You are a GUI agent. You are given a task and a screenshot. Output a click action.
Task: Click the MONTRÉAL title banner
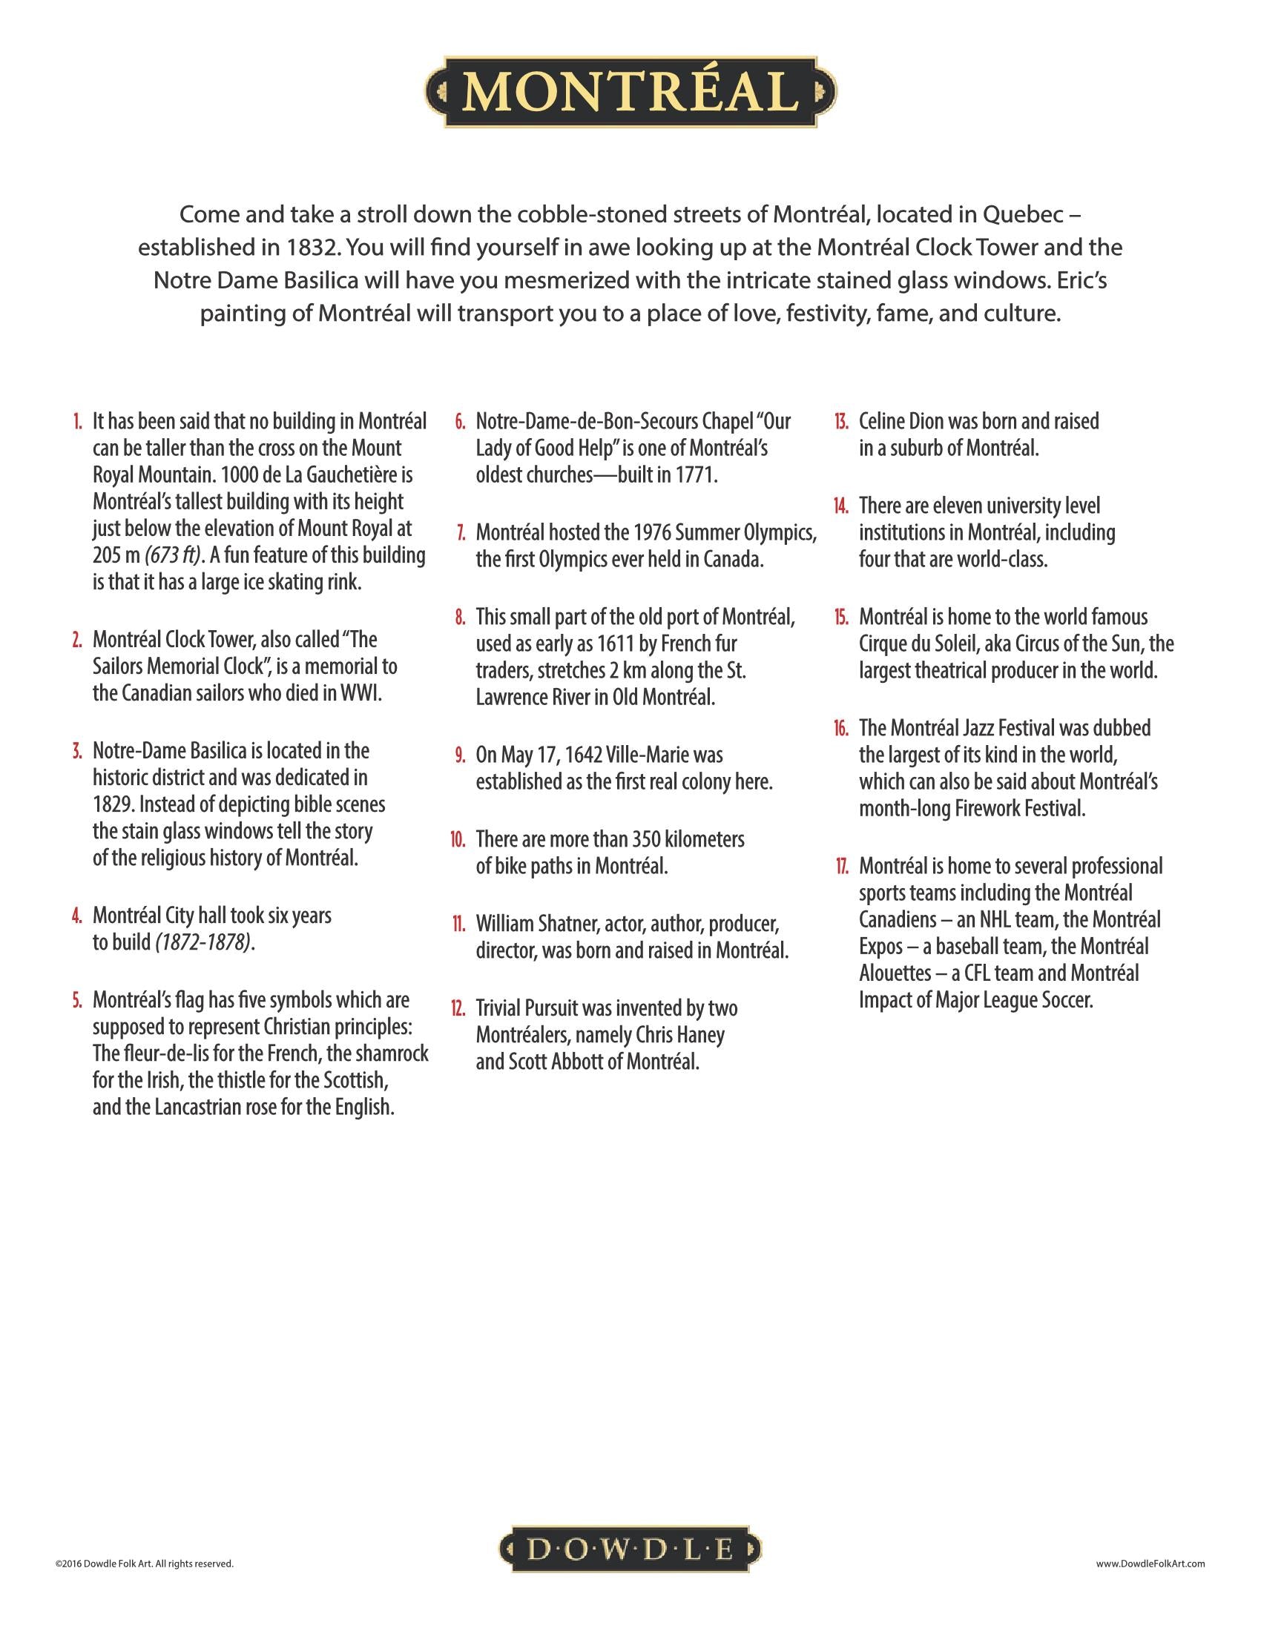coord(630,91)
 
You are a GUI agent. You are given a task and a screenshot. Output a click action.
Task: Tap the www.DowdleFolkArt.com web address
coord(1150,1563)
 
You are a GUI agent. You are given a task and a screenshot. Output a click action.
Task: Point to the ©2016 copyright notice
coord(144,1563)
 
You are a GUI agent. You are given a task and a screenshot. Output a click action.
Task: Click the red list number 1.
coord(78,422)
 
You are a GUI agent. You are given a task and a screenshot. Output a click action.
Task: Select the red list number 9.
coord(461,755)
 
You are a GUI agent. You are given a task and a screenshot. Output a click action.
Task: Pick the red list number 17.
coord(842,867)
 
